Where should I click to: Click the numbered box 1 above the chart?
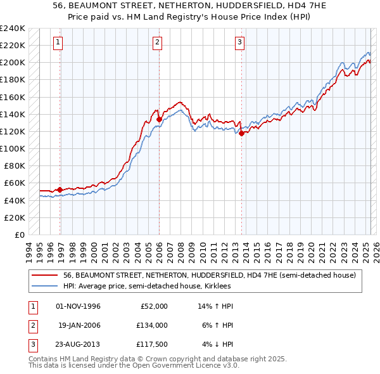coord(58,42)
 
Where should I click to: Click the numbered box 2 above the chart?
coord(157,42)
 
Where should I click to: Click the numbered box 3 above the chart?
coord(240,42)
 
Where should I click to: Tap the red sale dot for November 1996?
coord(60,190)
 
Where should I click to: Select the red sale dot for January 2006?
coord(158,119)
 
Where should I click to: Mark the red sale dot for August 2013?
coord(241,133)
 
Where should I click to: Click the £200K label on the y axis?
coord(13,62)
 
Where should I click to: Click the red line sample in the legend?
coord(44,276)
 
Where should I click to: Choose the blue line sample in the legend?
coord(44,286)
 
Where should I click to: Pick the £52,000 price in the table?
coord(154,306)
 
